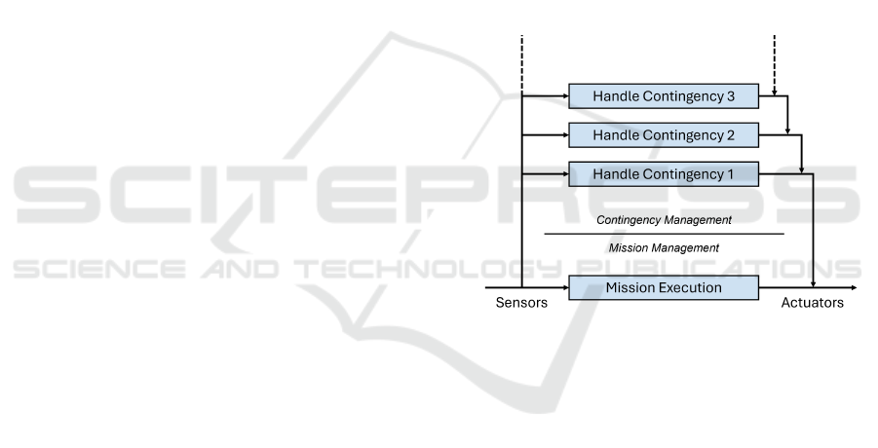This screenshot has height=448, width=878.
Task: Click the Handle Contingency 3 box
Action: point(664,96)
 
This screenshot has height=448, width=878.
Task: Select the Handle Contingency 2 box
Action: point(664,135)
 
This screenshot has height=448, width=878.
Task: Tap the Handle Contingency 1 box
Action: point(664,174)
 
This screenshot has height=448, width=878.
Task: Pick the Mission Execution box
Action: point(664,287)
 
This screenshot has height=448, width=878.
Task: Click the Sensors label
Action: point(521,303)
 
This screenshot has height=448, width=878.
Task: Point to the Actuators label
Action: point(812,303)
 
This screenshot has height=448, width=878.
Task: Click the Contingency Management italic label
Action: point(664,220)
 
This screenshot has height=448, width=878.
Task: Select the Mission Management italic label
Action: point(664,247)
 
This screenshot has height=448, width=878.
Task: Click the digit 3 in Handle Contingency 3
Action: point(730,96)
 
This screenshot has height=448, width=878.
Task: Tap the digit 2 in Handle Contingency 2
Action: point(730,135)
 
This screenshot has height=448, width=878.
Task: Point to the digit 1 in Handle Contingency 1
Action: point(730,174)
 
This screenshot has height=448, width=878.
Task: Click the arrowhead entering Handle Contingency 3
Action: point(565,96)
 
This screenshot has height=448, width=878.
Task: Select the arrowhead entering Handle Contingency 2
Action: point(565,135)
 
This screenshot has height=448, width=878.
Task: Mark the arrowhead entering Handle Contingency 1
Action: point(565,174)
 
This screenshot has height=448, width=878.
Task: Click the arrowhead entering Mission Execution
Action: point(565,287)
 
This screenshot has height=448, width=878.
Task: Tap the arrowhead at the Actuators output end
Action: point(854,287)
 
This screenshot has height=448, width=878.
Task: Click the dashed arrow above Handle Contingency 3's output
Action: point(775,65)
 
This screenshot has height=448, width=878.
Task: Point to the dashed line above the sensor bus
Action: point(522,62)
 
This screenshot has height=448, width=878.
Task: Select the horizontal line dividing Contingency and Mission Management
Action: point(664,234)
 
